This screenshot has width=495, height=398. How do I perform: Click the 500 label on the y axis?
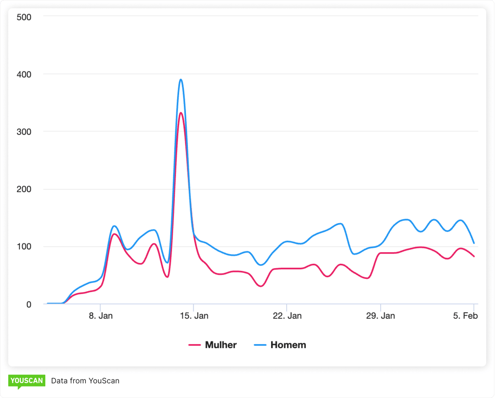click(x=24, y=17)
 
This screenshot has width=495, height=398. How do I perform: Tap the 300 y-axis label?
click(x=24, y=132)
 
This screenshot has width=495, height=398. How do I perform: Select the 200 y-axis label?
click(x=24, y=189)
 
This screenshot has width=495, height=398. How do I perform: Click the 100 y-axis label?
click(x=24, y=247)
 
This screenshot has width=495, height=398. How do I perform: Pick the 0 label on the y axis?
click(x=29, y=304)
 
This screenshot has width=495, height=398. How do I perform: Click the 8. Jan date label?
click(x=101, y=316)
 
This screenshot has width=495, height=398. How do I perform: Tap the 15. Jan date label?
click(x=194, y=316)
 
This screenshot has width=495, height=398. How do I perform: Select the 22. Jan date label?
click(x=287, y=316)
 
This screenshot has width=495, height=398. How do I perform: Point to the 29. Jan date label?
click(x=381, y=316)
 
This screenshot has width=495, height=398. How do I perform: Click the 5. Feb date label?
click(x=466, y=316)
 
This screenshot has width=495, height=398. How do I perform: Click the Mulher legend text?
click(x=221, y=345)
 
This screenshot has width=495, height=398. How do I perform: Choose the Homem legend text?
click(x=288, y=345)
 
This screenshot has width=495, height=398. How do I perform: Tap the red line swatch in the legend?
click(x=195, y=345)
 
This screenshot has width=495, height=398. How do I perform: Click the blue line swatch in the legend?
click(x=260, y=345)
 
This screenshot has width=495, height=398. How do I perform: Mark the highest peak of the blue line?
click(x=181, y=80)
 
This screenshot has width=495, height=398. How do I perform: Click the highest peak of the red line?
click(x=181, y=113)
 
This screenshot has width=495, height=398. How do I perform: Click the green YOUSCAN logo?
click(x=27, y=381)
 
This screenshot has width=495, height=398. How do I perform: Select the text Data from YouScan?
click(x=85, y=381)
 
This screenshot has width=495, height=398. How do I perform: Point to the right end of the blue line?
click(x=474, y=243)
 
